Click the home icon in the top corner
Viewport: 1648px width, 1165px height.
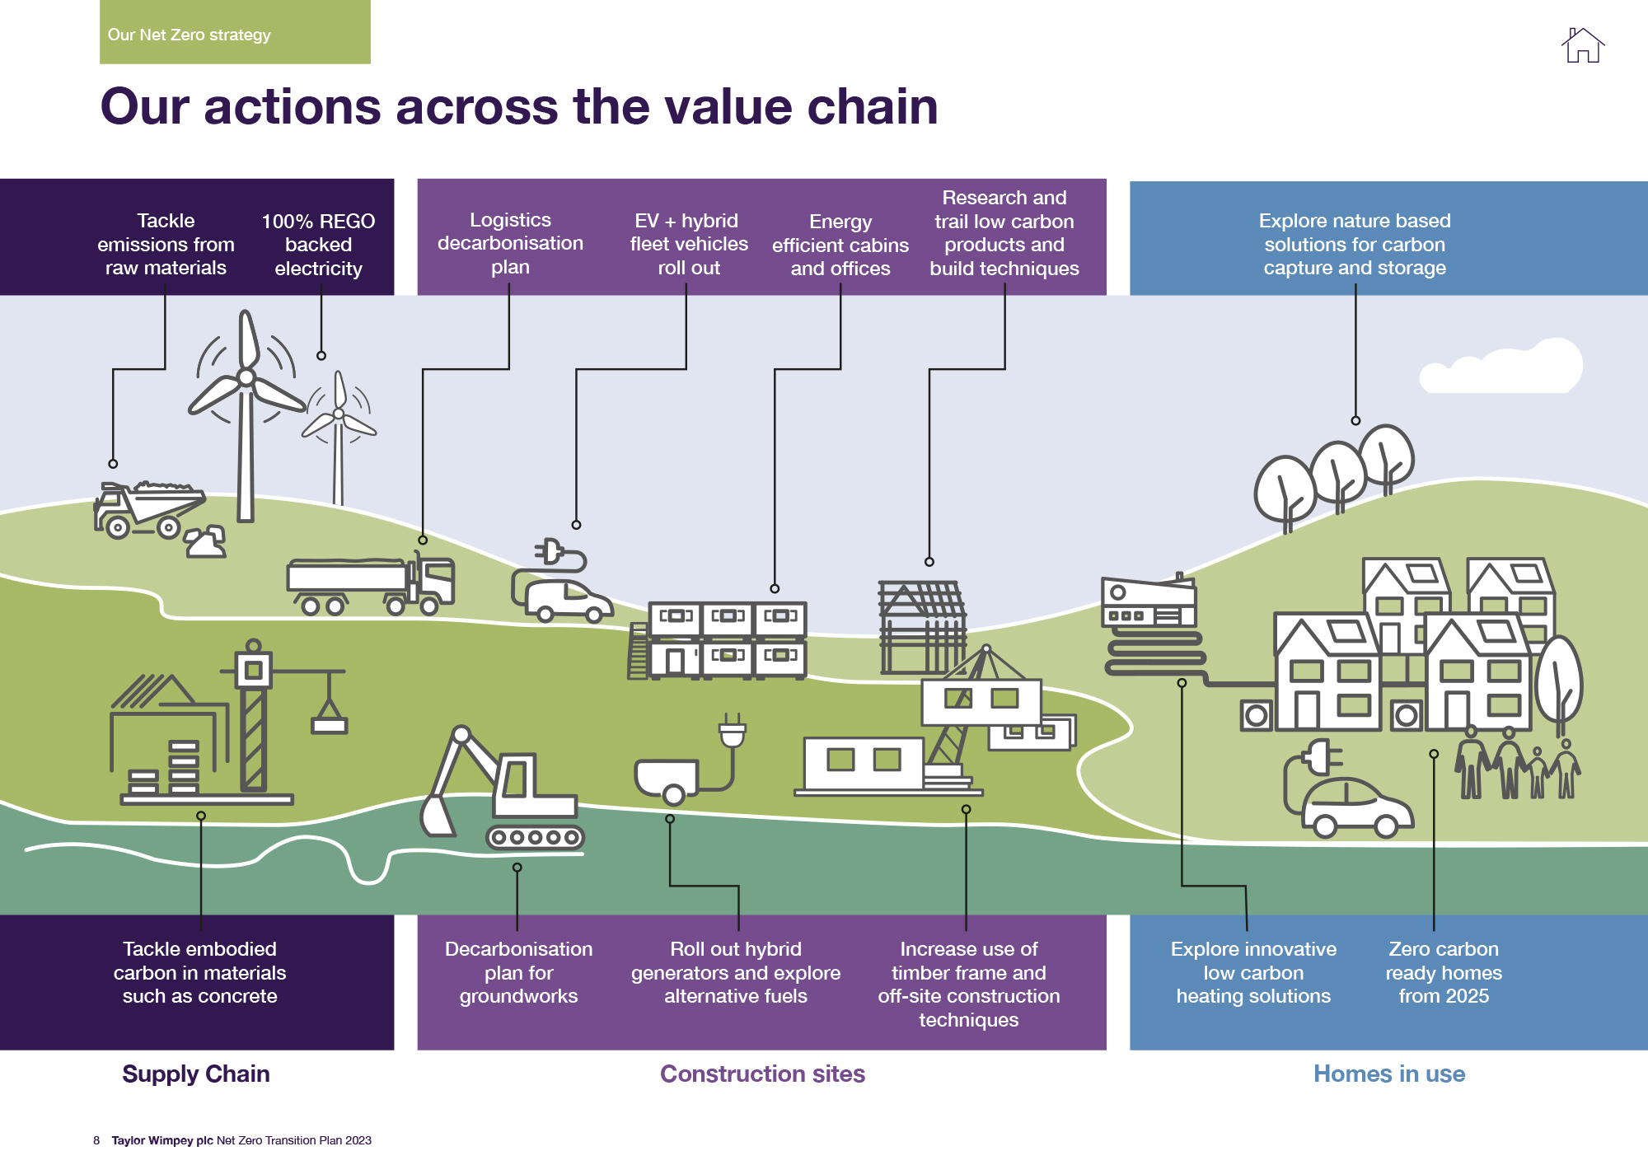click(1582, 45)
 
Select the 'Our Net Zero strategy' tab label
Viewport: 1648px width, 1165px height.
click(190, 35)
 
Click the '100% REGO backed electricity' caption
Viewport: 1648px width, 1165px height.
click(318, 245)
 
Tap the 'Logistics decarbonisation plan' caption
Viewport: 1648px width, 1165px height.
click(510, 243)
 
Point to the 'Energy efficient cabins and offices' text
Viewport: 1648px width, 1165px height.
click(840, 245)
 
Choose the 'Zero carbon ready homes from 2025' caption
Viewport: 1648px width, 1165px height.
click(1444, 972)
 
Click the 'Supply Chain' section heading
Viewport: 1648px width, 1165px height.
click(196, 1074)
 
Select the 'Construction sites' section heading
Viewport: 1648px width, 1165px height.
click(762, 1074)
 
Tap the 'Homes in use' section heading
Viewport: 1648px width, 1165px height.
click(1389, 1074)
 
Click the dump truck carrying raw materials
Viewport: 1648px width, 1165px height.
click(148, 509)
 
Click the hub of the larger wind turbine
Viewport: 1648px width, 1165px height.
click(246, 377)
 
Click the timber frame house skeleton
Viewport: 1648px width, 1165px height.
click(921, 628)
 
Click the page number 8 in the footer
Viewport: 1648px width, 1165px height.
click(96, 1140)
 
